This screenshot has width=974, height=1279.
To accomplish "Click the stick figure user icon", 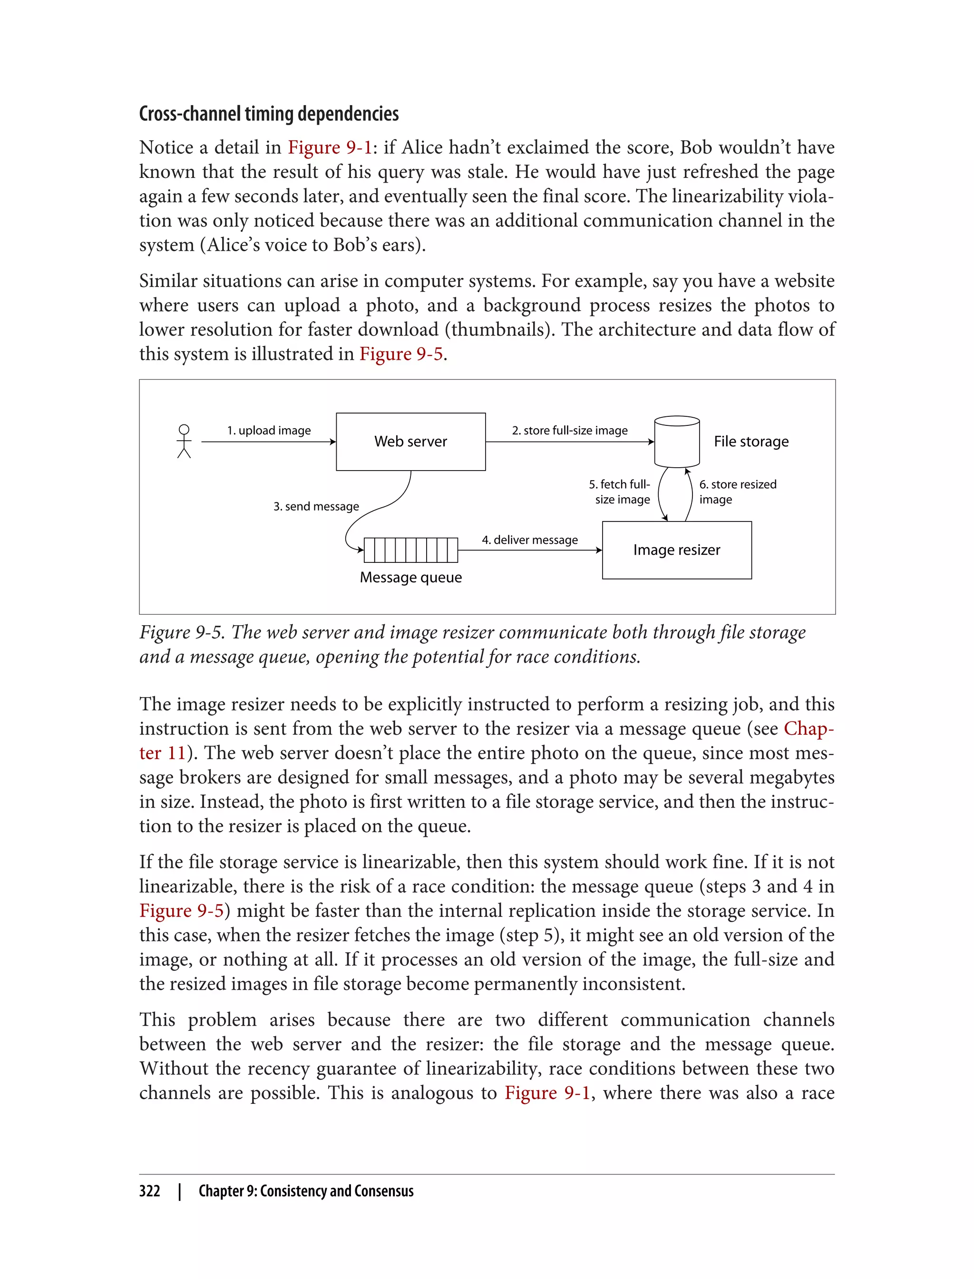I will [184, 442].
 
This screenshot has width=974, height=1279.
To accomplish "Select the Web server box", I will [410, 442].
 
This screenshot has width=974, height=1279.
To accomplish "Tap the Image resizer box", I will [677, 550].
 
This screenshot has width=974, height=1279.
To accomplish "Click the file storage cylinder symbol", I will [677, 442].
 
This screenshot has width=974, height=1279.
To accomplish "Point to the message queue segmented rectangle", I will [410, 550].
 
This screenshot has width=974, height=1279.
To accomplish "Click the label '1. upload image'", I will [268, 431].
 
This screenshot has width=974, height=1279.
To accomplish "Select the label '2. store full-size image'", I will [569, 431].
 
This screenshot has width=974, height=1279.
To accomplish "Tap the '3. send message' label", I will [316, 506].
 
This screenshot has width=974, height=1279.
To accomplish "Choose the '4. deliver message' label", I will [529, 540].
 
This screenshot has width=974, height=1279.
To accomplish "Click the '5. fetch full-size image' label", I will [620, 492].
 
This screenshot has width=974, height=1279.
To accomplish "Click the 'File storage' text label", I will [751, 442].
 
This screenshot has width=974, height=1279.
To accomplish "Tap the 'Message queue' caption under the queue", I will [410, 578].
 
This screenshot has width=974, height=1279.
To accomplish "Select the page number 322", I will [150, 1191].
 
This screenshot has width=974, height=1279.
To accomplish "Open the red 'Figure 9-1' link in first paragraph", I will [329, 148].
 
